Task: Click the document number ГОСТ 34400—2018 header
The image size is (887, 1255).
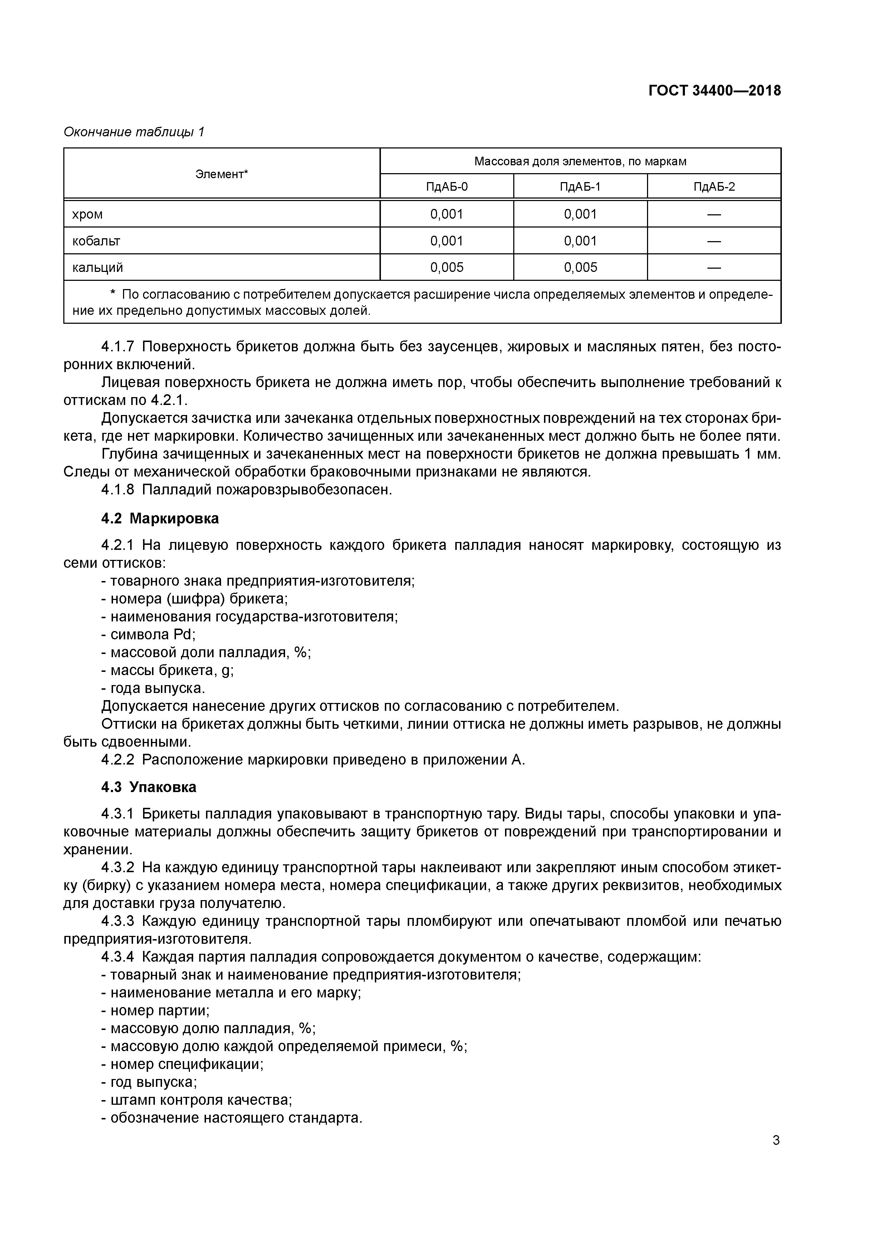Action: [x=714, y=91]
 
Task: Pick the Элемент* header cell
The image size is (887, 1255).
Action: [x=221, y=174]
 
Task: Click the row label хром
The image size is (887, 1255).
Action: [x=87, y=214]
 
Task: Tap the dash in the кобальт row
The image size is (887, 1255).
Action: [x=714, y=241]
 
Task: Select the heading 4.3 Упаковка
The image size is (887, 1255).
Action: [x=149, y=787]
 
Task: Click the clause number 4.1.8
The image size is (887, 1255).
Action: [x=118, y=490]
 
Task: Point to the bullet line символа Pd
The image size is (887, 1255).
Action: [x=149, y=635]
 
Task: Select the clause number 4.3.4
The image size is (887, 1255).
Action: [x=118, y=957]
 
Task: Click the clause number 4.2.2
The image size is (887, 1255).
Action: [x=118, y=760]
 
